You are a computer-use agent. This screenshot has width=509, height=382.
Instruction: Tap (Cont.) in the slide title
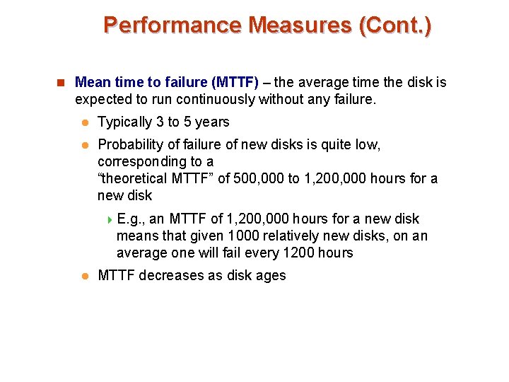coord(395,25)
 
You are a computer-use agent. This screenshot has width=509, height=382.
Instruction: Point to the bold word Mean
coord(90,83)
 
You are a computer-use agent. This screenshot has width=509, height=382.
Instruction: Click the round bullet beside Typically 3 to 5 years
coord(83,123)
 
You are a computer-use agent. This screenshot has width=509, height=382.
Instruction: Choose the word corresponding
coord(142,162)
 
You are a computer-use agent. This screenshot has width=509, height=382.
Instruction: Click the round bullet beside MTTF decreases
coord(83,276)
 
